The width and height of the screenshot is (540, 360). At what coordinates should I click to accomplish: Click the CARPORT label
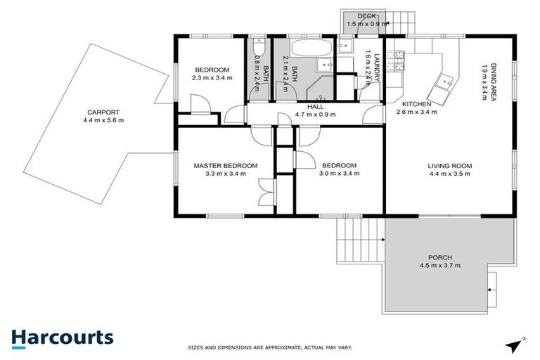tap(103, 112)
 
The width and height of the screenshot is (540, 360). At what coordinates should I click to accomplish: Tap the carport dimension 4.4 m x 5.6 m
tap(103, 120)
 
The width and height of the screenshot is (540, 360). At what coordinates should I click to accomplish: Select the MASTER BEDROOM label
tap(226, 166)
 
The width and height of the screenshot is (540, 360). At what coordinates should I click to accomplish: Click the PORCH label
tap(439, 257)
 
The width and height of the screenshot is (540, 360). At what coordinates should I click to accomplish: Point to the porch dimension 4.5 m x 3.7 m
tap(439, 266)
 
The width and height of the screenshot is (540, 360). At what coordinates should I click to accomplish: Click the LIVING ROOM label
tap(450, 166)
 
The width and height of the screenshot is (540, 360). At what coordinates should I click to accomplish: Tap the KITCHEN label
tap(417, 104)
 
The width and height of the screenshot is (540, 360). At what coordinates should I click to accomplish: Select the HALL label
tap(315, 106)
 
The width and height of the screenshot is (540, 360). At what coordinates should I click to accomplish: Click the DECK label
tap(366, 15)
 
